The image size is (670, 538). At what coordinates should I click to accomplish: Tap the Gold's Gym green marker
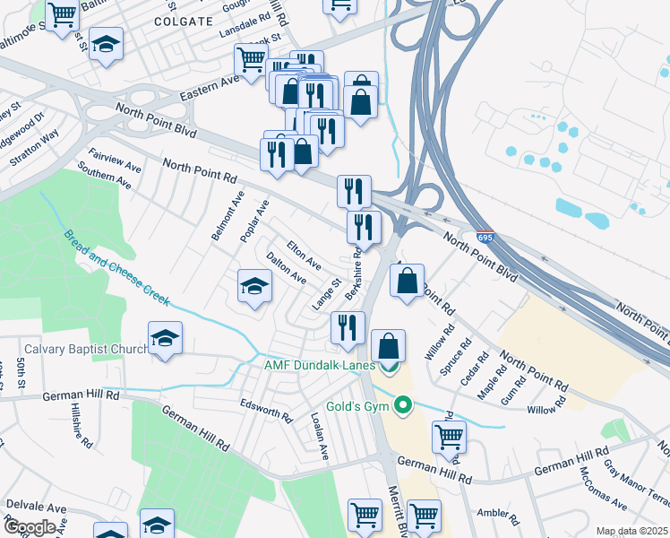click(403, 407)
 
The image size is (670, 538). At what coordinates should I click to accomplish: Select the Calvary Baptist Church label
click(86, 349)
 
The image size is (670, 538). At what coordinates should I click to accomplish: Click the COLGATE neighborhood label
click(184, 20)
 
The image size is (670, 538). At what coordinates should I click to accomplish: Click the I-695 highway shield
click(484, 239)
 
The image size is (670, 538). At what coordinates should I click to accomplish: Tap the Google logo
click(30, 527)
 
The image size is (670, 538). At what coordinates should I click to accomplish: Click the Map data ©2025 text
click(632, 531)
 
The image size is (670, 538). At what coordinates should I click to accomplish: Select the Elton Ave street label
click(304, 254)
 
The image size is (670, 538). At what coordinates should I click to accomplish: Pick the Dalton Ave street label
click(286, 267)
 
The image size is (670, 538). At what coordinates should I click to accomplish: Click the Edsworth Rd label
click(266, 411)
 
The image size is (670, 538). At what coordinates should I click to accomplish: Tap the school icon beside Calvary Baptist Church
click(165, 338)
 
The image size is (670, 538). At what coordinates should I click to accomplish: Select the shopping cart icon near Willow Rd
click(449, 438)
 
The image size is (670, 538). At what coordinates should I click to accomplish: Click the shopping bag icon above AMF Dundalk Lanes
click(388, 345)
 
